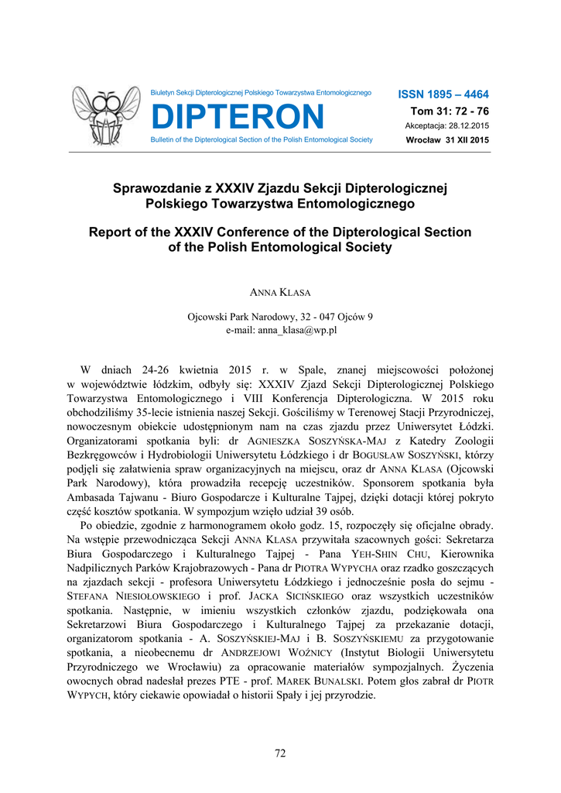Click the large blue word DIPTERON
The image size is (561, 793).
pos(238,117)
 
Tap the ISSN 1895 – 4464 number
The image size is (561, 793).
pos(443,94)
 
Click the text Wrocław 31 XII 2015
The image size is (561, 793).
pos(447,140)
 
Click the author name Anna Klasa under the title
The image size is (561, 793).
pos(280,294)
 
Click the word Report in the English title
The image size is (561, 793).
pos(113,232)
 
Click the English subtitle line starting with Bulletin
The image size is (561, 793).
pos(262,140)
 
